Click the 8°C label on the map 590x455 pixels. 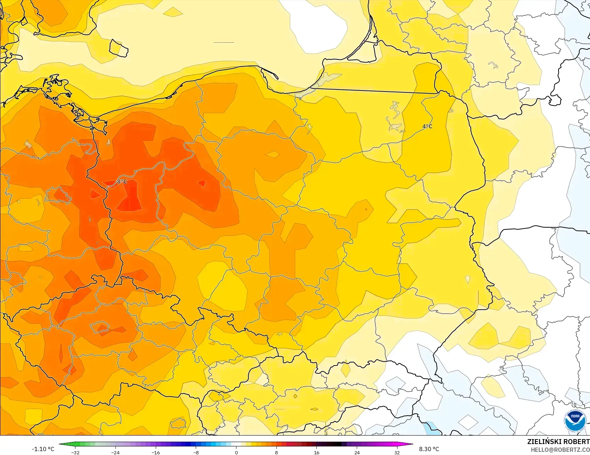pos(122,182)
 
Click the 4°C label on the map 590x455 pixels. pos(427,127)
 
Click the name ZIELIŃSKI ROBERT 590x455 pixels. pos(558,442)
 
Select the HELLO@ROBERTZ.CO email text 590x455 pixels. pos(560,450)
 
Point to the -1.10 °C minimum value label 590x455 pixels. pos(43,449)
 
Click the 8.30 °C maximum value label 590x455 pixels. pos(429,449)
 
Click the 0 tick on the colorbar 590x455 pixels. pos(236,452)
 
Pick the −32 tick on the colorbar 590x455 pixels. pos(75,452)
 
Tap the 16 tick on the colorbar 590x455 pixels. pos(316,452)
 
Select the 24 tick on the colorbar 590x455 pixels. pos(357,452)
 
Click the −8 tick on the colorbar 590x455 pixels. pos(196,452)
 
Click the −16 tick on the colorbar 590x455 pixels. pos(156,452)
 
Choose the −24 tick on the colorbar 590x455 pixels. pos(115,452)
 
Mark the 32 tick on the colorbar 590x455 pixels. pos(397,452)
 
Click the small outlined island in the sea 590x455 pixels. pos(118,48)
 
